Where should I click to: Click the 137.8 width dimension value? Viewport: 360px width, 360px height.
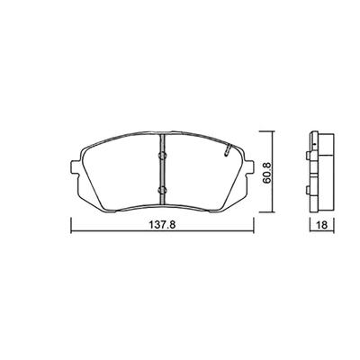point(162,225)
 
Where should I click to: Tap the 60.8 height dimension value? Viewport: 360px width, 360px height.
point(267,173)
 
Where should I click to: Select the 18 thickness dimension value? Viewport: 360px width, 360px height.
point(322,225)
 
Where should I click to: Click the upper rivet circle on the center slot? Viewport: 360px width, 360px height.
point(162,155)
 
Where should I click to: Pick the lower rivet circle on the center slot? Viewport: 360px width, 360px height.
point(162,190)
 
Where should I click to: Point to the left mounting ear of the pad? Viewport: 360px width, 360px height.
point(76,167)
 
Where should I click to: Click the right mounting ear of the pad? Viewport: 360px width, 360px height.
point(248,167)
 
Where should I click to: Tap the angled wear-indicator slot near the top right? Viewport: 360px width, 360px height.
point(227,149)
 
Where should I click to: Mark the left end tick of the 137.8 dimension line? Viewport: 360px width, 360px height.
point(71,226)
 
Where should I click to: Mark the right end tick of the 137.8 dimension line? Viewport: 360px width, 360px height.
point(254,226)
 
